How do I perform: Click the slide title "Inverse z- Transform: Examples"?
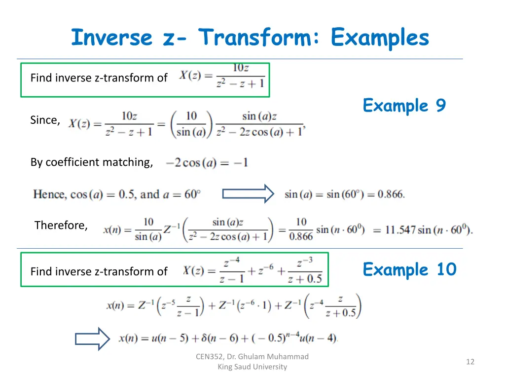pos(250,38)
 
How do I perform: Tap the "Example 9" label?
pos(404,106)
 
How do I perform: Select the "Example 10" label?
pos(409,269)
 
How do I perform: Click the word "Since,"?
pos(45,120)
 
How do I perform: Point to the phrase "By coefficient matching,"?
pos(92,162)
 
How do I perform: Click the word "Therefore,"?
pos(61,226)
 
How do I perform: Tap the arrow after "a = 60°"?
pos(248,194)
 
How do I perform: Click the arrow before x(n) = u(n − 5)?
pos(92,339)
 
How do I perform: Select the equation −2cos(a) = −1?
pos(207,162)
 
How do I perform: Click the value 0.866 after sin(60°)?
pos(391,194)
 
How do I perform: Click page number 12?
pos(470,362)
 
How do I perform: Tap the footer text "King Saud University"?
pos(252,367)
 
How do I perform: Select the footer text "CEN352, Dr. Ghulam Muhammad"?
pos(252,356)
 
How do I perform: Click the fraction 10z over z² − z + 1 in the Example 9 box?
pos(241,76)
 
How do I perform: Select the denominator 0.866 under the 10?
pos(301,236)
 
